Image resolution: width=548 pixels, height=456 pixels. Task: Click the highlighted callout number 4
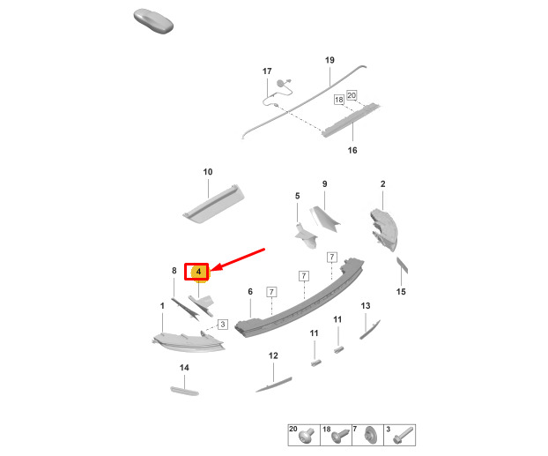(198, 272)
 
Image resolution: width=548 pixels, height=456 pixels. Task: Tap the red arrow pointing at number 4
(238, 259)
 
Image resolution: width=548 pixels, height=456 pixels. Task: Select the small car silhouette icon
(153, 21)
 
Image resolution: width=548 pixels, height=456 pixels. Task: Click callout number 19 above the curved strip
(330, 60)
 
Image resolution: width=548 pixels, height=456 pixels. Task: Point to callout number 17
(267, 71)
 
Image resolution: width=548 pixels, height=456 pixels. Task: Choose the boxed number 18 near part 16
(338, 100)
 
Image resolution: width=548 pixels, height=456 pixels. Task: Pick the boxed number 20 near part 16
(352, 95)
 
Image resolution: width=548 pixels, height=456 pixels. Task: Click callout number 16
(352, 151)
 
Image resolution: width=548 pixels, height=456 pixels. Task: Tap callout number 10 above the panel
(208, 172)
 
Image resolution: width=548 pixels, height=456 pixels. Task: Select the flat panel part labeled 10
(213, 204)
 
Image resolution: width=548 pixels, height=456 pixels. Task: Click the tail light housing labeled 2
(384, 229)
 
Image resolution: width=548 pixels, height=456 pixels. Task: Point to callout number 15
(401, 292)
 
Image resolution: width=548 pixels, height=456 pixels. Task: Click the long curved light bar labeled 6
(300, 298)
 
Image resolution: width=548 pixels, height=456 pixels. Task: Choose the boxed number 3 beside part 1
(223, 325)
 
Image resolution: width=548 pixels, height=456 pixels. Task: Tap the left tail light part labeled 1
(189, 342)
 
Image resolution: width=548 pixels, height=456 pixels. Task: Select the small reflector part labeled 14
(184, 391)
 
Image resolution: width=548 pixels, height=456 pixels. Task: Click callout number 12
(273, 356)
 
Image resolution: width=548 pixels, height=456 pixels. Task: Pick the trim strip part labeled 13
(370, 329)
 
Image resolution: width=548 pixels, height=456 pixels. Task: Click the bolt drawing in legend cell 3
(404, 436)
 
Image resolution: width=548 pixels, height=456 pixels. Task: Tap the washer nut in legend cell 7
(370, 436)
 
